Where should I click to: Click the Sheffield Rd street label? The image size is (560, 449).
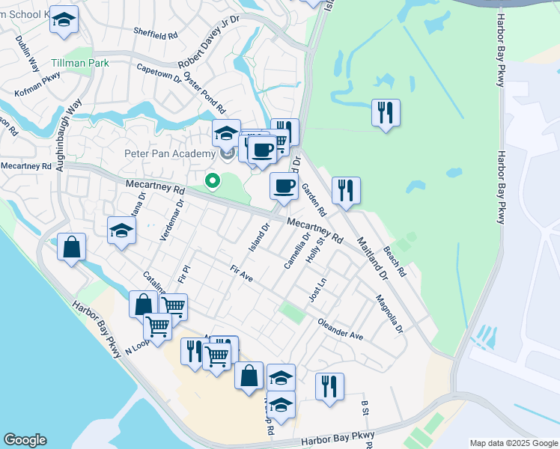[156, 34]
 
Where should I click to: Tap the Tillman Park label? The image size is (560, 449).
[81, 63]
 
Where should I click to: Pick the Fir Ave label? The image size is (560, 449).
[243, 274]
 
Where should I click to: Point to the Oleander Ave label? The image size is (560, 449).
[340, 330]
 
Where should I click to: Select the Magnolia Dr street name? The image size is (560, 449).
[389, 315]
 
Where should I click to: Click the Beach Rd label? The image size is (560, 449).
[394, 260]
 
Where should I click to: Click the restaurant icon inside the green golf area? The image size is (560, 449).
[386, 113]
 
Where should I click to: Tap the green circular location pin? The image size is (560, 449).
[213, 180]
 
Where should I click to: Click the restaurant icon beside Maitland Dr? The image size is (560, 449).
[345, 191]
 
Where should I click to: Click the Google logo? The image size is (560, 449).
[25, 440]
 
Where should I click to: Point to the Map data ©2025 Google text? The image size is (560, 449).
[513, 443]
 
